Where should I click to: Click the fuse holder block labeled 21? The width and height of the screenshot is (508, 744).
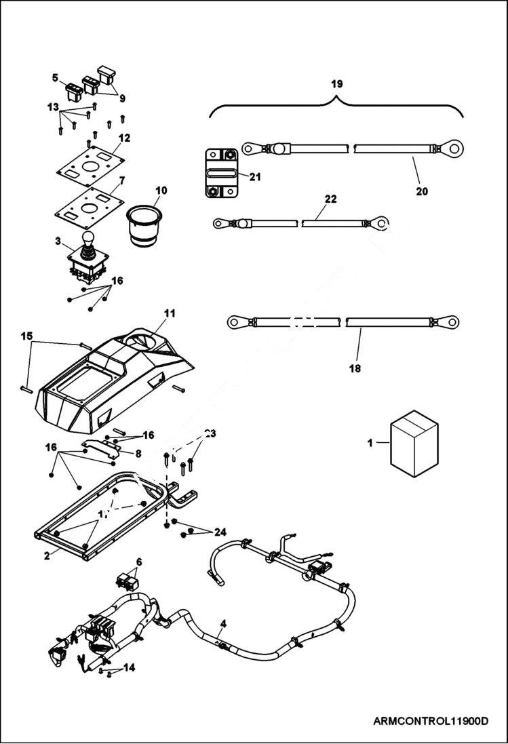(220, 173)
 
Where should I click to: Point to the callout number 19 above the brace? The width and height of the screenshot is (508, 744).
(337, 84)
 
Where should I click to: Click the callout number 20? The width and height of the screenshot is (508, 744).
(421, 192)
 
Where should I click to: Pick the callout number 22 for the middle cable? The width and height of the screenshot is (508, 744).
(330, 199)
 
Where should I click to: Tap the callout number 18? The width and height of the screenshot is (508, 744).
(355, 368)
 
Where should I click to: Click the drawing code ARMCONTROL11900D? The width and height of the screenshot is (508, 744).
(431, 720)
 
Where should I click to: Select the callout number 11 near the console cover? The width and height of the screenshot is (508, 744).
(169, 313)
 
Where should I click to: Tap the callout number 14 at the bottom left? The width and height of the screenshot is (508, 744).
(129, 667)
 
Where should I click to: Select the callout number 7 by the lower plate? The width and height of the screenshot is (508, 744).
(122, 182)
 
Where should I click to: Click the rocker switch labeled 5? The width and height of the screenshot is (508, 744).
(73, 91)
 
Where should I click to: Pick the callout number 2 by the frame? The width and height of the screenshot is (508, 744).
(46, 555)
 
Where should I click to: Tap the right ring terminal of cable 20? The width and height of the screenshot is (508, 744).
(453, 146)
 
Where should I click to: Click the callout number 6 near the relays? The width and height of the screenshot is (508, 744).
(139, 562)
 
